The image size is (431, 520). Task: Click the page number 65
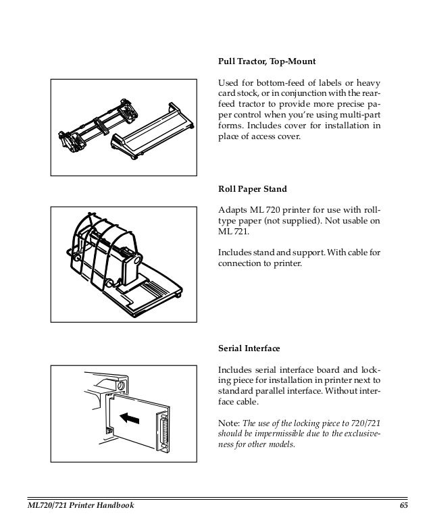coord(404,506)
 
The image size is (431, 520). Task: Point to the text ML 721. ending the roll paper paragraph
coord(229,232)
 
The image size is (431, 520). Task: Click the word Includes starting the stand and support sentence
coord(233,253)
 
